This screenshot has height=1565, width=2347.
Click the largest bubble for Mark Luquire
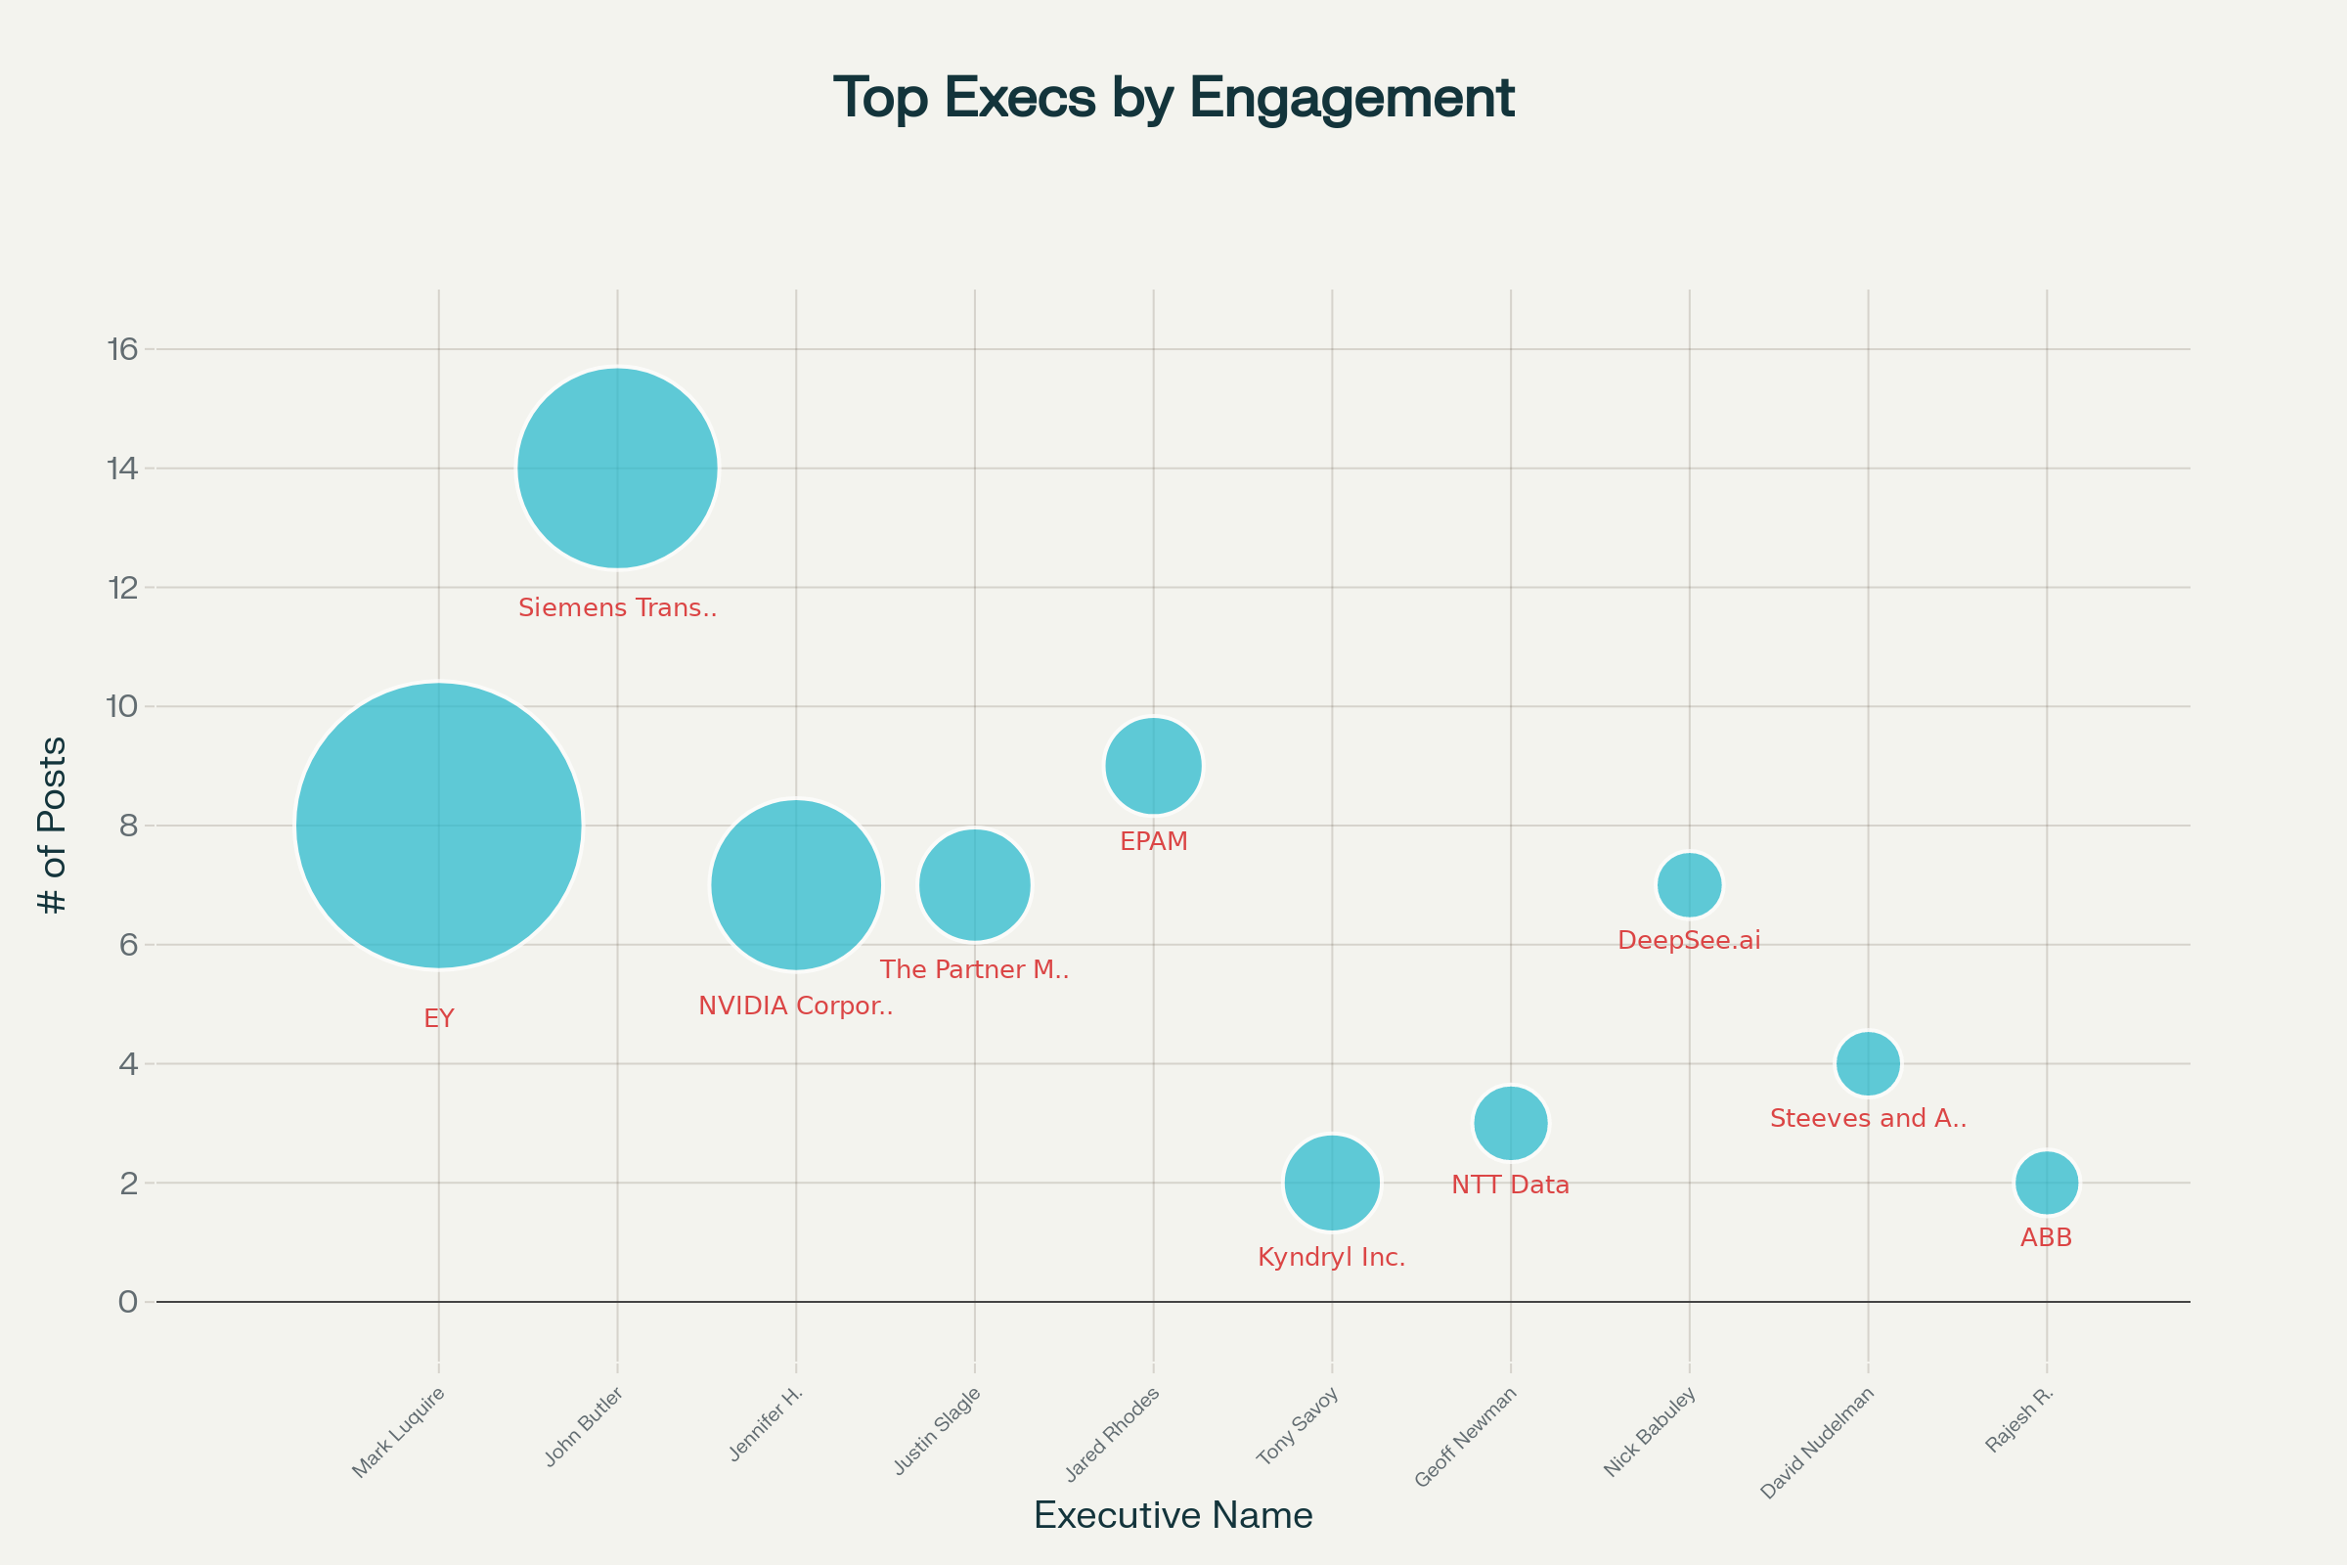coord(439,826)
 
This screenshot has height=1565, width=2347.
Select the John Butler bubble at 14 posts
coord(618,469)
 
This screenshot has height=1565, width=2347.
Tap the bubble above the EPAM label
coord(1154,767)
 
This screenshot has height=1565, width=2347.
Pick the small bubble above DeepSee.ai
coord(1690,884)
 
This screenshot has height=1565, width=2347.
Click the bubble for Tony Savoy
coord(1332,1183)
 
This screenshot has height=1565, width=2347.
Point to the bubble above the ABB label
coord(2047,1183)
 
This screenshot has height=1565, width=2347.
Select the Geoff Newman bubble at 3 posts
coord(1511,1123)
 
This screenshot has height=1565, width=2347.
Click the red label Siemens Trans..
coord(618,607)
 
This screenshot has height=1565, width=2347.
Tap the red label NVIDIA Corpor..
coord(795,1006)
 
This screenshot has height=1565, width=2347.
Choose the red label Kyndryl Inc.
coord(1331,1258)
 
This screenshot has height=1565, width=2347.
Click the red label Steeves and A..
coord(1868,1119)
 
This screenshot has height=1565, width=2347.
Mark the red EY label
coord(439,1019)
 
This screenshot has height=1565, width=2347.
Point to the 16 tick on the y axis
coord(123,349)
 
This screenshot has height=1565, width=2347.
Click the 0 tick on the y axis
coord(128,1303)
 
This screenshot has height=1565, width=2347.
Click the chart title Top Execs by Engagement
coord(1173,98)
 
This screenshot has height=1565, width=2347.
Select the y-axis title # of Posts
coord(52,826)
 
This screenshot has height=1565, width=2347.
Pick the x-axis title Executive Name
coord(1173,1515)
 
